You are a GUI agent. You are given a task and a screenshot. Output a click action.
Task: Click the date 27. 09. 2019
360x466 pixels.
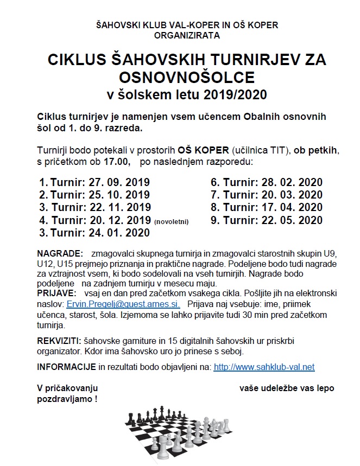pos(119,182)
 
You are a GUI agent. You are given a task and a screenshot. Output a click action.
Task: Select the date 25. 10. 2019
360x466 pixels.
pos(119,194)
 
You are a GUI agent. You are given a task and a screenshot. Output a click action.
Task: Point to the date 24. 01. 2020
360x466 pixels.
pos(119,233)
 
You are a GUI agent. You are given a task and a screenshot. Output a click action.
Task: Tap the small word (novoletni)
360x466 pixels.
pos(174,221)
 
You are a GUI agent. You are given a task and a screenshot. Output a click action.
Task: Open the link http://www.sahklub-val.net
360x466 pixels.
pos(264,367)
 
